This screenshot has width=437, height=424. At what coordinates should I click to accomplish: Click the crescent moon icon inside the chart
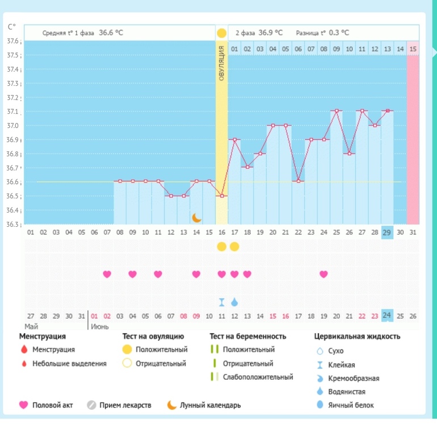point(197,217)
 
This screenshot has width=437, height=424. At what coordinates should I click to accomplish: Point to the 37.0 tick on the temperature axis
point(12,126)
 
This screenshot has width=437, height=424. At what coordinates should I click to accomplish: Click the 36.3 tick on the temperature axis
point(12,225)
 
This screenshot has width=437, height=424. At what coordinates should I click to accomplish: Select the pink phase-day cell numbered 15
point(413,49)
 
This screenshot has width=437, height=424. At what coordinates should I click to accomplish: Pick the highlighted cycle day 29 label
point(387,232)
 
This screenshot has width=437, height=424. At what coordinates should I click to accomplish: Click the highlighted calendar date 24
point(387,315)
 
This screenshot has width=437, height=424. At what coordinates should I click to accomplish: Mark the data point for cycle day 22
point(298,181)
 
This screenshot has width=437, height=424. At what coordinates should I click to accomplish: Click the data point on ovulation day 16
point(221,196)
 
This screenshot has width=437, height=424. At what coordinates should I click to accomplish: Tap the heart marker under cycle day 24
point(323,274)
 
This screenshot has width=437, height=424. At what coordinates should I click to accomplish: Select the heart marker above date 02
point(107,274)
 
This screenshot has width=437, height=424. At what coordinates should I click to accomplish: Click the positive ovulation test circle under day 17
point(234,246)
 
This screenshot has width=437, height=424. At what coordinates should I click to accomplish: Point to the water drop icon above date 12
point(234,302)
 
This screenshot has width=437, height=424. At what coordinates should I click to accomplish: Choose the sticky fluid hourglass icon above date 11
point(221,302)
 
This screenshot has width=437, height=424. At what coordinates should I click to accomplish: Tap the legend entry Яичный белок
point(347,405)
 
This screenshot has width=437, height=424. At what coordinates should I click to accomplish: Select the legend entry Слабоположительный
point(258,377)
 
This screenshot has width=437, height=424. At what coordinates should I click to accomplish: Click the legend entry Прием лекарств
point(125,405)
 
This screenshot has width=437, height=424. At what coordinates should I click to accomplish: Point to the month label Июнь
point(100,327)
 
